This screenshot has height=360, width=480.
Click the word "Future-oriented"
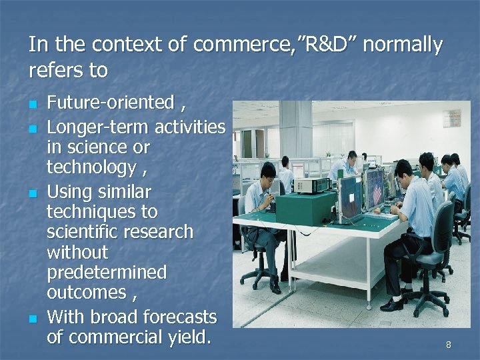[110, 103]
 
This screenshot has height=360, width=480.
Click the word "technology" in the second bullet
[91, 167]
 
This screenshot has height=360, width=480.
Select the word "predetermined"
[107, 273]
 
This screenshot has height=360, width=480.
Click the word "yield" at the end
[187, 337]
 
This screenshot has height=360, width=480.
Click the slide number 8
[448, 345]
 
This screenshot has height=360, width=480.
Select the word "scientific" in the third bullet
[84, 232]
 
